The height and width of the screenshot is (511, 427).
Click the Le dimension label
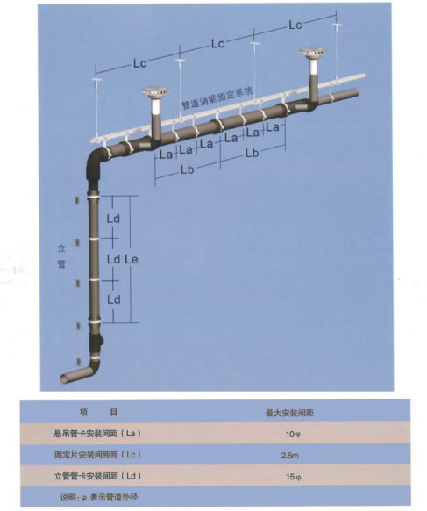click(132, 260)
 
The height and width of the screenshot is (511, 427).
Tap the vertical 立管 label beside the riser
click(61, 256)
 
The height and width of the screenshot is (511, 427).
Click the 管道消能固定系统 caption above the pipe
click(217, 98)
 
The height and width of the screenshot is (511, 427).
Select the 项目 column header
click(98, 412)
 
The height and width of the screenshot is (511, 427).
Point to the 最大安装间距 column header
click(289, 413)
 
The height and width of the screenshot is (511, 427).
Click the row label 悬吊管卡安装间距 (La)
click(97, 434)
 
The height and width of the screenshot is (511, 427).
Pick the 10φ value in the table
click(293, 434)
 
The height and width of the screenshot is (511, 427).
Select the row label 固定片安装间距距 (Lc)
click(97, 455)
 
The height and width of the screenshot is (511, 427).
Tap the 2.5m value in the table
click(290, 456)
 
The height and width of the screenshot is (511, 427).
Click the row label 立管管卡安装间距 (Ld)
click(97, 476)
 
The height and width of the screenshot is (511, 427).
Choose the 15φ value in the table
click(293, 477)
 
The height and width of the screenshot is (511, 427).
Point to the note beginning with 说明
click(99, 497)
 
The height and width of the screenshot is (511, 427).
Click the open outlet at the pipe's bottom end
click(63, 378)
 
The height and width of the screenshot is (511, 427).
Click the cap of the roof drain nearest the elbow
click(155, 91)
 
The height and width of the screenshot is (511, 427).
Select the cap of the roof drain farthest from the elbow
click(313, 53)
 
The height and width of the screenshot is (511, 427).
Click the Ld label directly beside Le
click(114, 260)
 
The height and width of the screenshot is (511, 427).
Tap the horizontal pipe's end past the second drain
click(355, 93)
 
